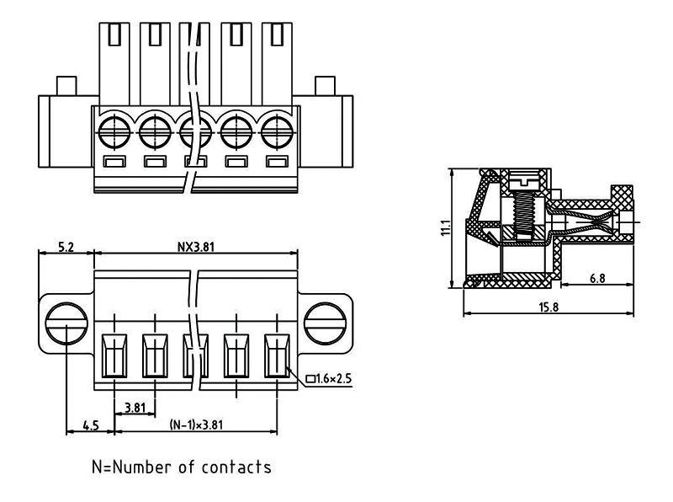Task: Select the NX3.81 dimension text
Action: [194, 247]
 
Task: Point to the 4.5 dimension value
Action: [89, 426]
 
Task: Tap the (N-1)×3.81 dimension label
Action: [196, 426]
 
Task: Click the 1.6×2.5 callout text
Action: [329, 380]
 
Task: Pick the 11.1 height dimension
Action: [446, 227]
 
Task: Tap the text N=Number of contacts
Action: [182, 466]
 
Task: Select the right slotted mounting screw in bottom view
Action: [324, 322]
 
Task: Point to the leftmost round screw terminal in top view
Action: [114, 131]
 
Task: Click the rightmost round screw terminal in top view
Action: [276, 131]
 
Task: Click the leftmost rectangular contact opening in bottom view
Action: [114, 357]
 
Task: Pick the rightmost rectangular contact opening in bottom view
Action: [276, 357]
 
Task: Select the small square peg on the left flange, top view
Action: [64, 86]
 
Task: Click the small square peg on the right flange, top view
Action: [325, 86]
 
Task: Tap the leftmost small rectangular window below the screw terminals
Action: [114, 162]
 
